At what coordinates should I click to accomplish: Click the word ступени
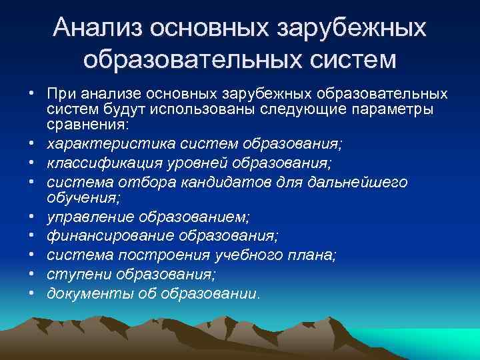coord(79,274)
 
